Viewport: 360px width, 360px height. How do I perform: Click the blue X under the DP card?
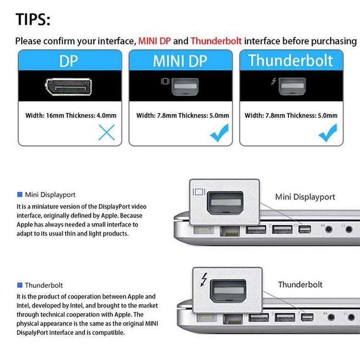[x=106, y=133]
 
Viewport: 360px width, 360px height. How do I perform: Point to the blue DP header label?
[x=69, y=61]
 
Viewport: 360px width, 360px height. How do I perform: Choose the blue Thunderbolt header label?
[x=291, y=61]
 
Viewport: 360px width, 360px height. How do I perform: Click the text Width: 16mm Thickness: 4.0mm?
[x=71, y=115]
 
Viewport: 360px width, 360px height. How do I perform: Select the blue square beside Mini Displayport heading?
[x=20, y=194]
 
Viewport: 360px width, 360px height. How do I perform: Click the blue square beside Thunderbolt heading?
[x=20, y=284]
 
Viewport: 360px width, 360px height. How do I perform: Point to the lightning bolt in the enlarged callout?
[x=204, y=280]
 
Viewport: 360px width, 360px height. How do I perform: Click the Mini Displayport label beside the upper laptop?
[x=305, y=196]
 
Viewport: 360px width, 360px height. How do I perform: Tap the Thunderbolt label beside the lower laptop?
[x=300, y=284]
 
